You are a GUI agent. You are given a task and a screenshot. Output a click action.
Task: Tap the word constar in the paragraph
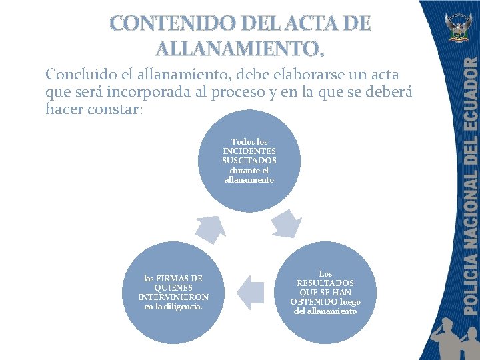click(114, 109)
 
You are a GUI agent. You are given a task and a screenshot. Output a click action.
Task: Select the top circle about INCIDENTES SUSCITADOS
click(249, 161)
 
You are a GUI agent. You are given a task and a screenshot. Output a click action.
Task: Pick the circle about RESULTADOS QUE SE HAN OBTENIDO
click(325, 293)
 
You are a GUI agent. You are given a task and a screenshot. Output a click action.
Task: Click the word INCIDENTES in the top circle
click(249, 151)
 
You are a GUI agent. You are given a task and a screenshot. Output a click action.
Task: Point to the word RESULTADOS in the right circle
click(325, 283)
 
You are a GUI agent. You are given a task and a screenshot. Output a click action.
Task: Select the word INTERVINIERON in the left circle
click(173, 297)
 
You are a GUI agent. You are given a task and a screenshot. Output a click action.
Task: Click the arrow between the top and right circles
click(287, 223)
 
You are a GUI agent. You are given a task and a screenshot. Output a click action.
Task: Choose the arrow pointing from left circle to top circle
click(207, 228)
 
